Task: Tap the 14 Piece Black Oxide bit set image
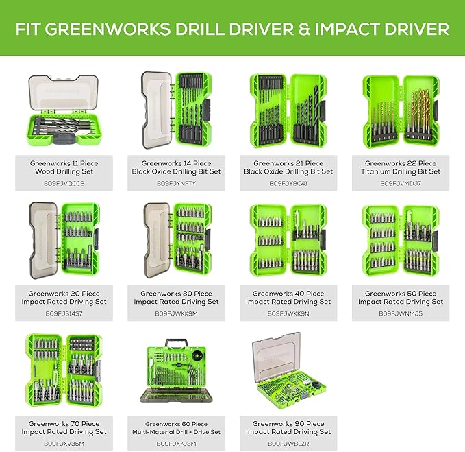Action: [176, 110]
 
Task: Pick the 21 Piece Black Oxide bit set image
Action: [288, 110]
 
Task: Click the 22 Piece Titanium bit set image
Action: [400, 110]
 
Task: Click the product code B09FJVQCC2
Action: [64, 184]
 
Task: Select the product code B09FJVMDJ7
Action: [401, 184]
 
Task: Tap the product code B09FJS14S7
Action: [64, 313]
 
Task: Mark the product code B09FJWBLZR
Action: [288, 444]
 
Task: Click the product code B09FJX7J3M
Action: [176, 444]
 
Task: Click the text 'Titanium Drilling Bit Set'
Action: [401, 171]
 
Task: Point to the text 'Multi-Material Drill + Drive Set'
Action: [176, 432]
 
